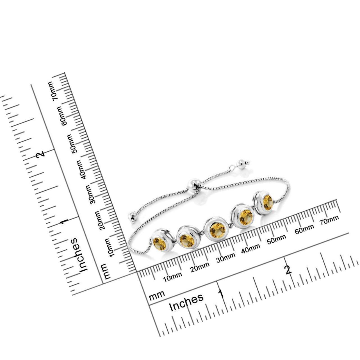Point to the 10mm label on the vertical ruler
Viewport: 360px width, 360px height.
click(x=110, y=247)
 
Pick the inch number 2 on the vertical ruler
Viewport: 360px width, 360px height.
click(x=40, y=153)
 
